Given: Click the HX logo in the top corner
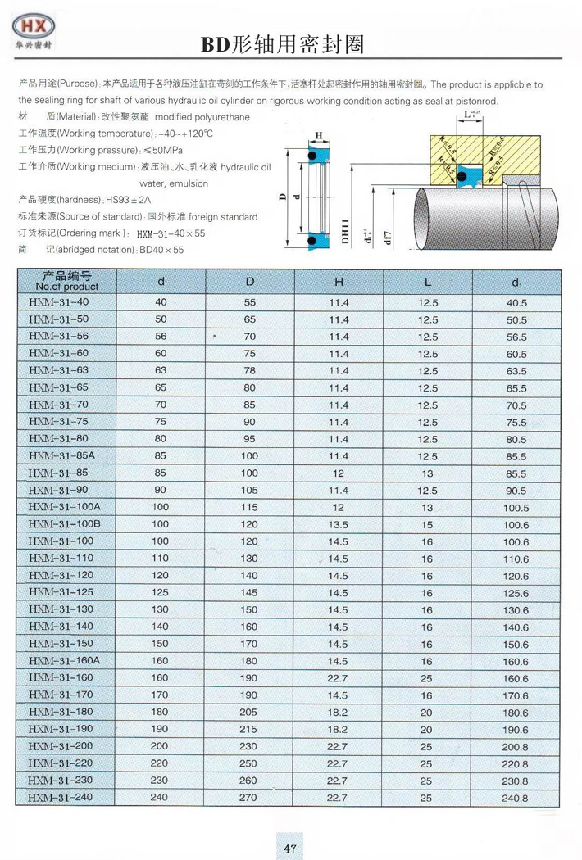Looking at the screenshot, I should coord(36,29).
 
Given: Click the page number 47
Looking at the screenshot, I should coord(290,849).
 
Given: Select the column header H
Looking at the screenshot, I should coord(339,282).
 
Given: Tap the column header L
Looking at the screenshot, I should coord(427,282).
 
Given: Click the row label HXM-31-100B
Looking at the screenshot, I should coord(65,524).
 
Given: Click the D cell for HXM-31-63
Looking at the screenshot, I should coord(250,370).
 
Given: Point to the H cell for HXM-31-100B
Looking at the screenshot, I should coord(339,524).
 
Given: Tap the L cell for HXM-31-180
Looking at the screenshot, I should coord(426,712).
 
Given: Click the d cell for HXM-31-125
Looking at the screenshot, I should coord(161,592).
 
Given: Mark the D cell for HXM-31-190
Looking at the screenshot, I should coord(250,729).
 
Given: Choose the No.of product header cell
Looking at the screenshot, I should coord(67,282).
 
